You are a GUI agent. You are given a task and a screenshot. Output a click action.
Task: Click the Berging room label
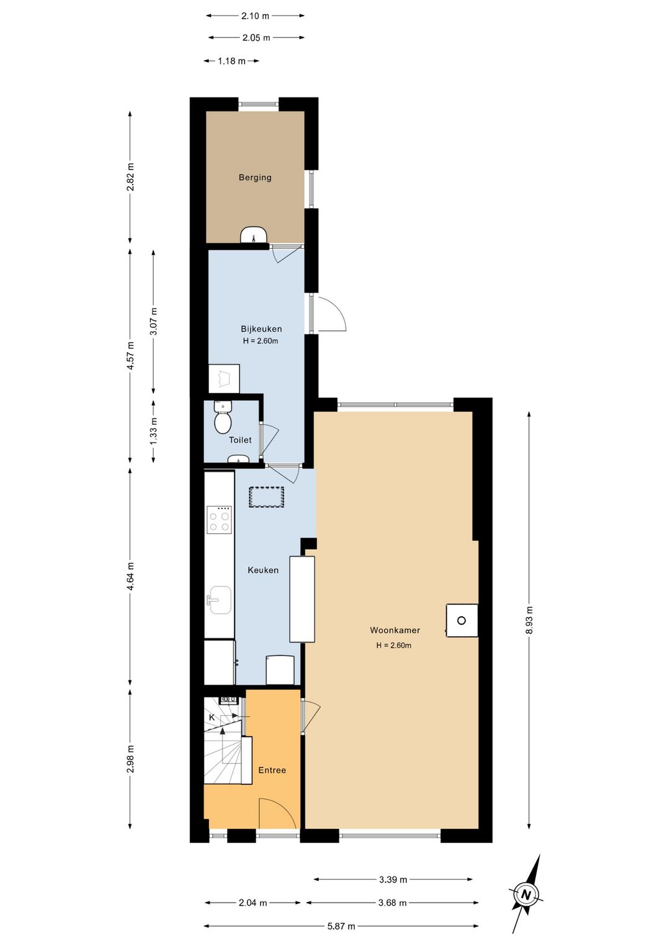tap(255, 177)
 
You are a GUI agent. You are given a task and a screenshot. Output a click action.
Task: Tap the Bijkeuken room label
tap(261, 329)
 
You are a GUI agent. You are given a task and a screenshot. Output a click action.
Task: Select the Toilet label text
tap(240, 440)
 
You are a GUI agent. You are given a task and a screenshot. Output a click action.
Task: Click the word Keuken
tap(263, 570)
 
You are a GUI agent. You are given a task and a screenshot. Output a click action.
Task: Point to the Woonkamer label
tap(395, 630)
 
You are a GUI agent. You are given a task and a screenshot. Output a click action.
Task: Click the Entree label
tap(272, 770)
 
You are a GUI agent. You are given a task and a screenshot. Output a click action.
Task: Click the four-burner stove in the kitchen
tap(219, 519)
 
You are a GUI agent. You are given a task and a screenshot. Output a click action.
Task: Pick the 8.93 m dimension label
tap(530, 619)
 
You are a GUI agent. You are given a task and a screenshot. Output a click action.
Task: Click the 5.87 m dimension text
tap(341, 923)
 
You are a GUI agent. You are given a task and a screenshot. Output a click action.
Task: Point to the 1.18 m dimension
tap(231, 61)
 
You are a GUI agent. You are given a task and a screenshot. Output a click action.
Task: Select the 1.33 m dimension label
tap(154, 431)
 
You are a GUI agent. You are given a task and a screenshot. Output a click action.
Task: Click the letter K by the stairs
tap(212, 717)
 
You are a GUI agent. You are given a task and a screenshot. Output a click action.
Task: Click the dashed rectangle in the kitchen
tap(266, 497)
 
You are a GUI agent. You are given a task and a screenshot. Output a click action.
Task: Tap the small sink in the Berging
tap(254, 235)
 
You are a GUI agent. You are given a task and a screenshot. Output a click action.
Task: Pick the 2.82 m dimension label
tap(131, 177)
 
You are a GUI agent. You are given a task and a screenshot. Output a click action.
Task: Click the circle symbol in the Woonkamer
tap(462, 621)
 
